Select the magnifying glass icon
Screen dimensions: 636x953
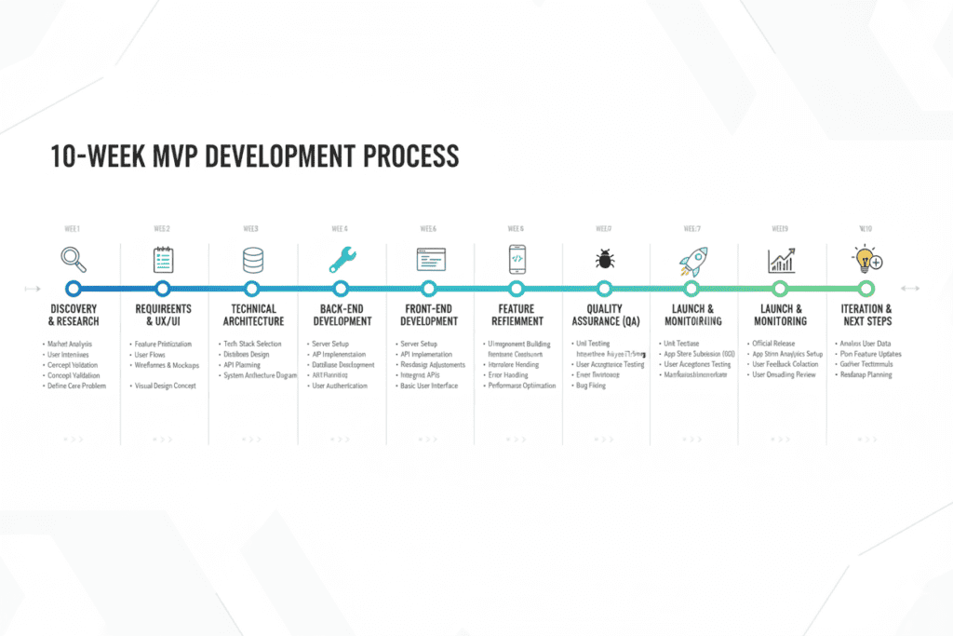coord(73,258)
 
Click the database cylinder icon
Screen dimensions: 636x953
coord(251,259)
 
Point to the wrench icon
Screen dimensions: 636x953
coord(341,259)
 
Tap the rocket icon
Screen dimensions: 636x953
coord(692,259)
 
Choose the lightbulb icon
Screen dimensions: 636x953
coord(866,259)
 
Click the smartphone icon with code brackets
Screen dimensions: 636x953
coord(517,259)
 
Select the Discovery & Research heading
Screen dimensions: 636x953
coord(74,315)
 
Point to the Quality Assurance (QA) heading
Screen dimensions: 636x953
coord(604,315)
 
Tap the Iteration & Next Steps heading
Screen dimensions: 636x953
coord(866,315)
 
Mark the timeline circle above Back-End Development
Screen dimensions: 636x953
coord(341,289)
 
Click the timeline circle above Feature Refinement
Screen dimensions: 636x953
coord(517,289)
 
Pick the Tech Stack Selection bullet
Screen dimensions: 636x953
coord(252,345)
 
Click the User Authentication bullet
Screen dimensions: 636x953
coord(339,386)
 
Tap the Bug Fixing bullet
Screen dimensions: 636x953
coord(590,386)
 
